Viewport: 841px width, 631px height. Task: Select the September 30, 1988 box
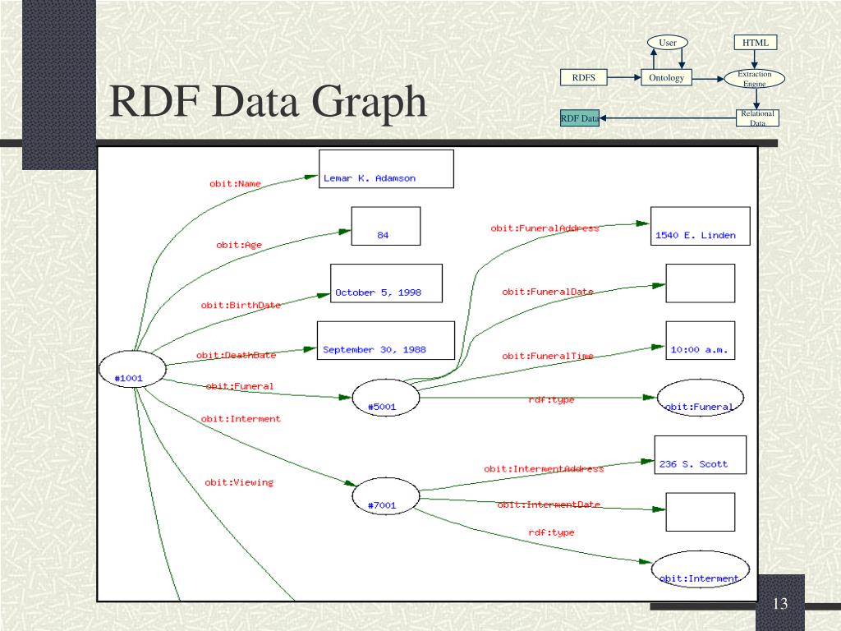pyautogui.click(x=386, y=341)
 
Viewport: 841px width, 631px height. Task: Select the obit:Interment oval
pyautogui.click(x=700, y=572)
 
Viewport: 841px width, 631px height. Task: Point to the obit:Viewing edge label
pyautogui.click(x=239, y=482)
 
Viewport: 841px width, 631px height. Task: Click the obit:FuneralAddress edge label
pyautogui.click(x=545, y=228)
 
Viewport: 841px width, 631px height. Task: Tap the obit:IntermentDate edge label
pyautogui.click(x=549, y=504)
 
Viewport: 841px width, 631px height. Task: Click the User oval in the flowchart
pyautogui.click(x=667, y=43)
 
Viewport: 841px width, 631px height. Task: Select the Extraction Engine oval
pyautogui.click(x=755, y=78)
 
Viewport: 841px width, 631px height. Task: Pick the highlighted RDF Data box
pyautogui.click(x=580, y=119)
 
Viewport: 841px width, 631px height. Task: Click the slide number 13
pyautogui.click(x=779, y=605)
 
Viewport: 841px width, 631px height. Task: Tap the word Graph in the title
pyautogui.click(x=368, y=103)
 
